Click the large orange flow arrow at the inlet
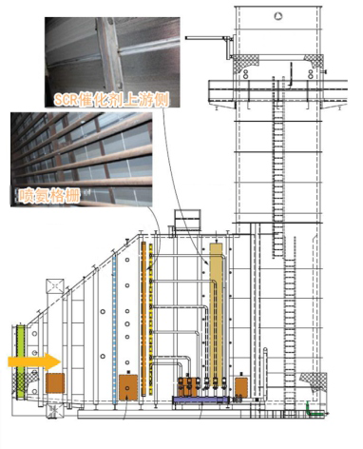point(34,361)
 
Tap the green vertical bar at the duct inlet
point(21,362)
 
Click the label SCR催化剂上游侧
point(111,99)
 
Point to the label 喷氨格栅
point(49,196)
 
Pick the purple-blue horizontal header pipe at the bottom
point(201,400)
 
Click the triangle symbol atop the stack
point(278,16)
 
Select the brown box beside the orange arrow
point(55,383)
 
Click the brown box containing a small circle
point(128,387)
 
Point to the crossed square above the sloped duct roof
point(55,286)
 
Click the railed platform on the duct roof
point(188,220)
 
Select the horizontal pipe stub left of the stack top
point(207,38)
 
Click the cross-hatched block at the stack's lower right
point(313,380)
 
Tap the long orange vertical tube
point(143,319)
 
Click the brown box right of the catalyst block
point(241,387)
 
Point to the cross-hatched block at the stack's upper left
point(246,63)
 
